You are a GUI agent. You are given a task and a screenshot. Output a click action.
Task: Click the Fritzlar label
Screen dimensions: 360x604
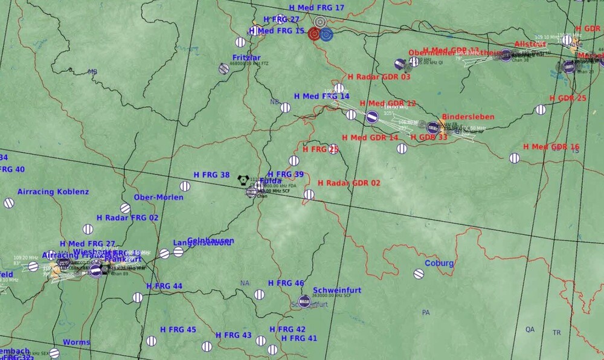(246, 57)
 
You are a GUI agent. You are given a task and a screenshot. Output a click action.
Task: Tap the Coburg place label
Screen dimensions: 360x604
(439, 263)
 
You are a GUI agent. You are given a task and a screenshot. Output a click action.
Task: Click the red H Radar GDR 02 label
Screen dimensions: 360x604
(349, 183)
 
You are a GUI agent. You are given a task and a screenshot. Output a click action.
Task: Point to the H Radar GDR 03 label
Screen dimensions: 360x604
(379, 77)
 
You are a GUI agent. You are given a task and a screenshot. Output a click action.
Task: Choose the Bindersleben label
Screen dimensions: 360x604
(468, 117)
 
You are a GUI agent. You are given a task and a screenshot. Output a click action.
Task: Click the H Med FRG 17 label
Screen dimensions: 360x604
(316, 8)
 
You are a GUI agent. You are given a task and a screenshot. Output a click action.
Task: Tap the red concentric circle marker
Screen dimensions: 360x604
(313, 34)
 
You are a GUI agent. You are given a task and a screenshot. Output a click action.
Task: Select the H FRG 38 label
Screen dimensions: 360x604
(211, 175)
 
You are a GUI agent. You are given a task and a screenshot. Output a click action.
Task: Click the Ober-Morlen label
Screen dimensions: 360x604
(158, 198)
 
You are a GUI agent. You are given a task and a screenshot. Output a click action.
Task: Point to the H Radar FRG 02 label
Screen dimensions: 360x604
(127, 217)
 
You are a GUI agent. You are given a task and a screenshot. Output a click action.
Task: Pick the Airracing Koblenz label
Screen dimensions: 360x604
(53, 192)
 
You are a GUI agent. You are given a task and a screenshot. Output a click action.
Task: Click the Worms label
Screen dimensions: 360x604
(76, 342)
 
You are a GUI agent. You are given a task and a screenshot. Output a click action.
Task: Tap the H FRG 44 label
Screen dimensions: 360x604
(164, 286)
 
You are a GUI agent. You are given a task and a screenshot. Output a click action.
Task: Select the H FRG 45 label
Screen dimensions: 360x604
(178, 330)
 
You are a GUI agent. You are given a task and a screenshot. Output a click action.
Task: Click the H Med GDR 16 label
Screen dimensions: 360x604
(551, 147)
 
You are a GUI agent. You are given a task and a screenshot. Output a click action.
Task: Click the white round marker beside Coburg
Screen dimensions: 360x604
(419, 274)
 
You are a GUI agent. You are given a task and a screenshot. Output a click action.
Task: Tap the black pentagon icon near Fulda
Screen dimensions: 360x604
(243, 179)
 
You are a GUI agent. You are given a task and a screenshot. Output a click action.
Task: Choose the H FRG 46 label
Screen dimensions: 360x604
(286, 283)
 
